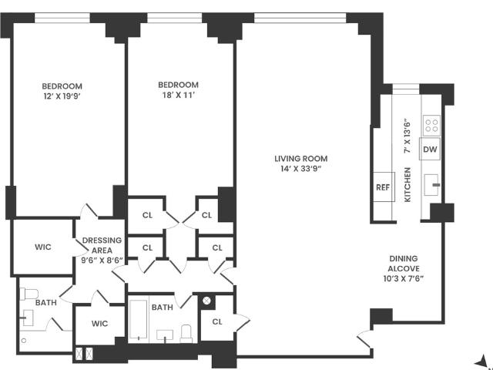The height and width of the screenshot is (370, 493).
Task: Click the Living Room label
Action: [301, 159]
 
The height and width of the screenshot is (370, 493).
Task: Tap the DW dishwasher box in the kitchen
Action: [430, 149]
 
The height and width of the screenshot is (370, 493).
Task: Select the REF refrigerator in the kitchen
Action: [384, 187]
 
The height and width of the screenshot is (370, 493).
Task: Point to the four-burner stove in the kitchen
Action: [431, 126]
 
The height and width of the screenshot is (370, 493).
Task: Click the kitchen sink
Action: [431, 185]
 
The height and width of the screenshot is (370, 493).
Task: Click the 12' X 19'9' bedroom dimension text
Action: [62, 96]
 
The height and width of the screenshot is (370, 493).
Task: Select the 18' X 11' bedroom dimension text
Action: [178, 95]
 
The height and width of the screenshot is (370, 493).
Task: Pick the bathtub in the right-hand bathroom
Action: [139, 320]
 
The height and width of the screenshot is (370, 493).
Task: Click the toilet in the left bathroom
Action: [29, 294]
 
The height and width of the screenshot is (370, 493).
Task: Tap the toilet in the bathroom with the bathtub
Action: [186, 334]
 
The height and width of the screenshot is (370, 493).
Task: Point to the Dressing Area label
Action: [102, 245]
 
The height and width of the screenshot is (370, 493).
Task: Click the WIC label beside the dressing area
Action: [43, 247]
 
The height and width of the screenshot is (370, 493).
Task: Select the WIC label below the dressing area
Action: [99, 324]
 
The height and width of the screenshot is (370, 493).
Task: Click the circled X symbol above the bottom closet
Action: [206, 301]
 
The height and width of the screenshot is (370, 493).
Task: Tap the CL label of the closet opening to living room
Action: [217, 321]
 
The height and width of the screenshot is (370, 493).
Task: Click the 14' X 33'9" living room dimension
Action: [301, 169]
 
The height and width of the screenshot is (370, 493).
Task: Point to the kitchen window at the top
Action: [406, 89]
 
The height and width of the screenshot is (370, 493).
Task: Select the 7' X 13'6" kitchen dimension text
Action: [407, 136]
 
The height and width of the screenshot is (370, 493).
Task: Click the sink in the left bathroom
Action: [28, 318]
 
